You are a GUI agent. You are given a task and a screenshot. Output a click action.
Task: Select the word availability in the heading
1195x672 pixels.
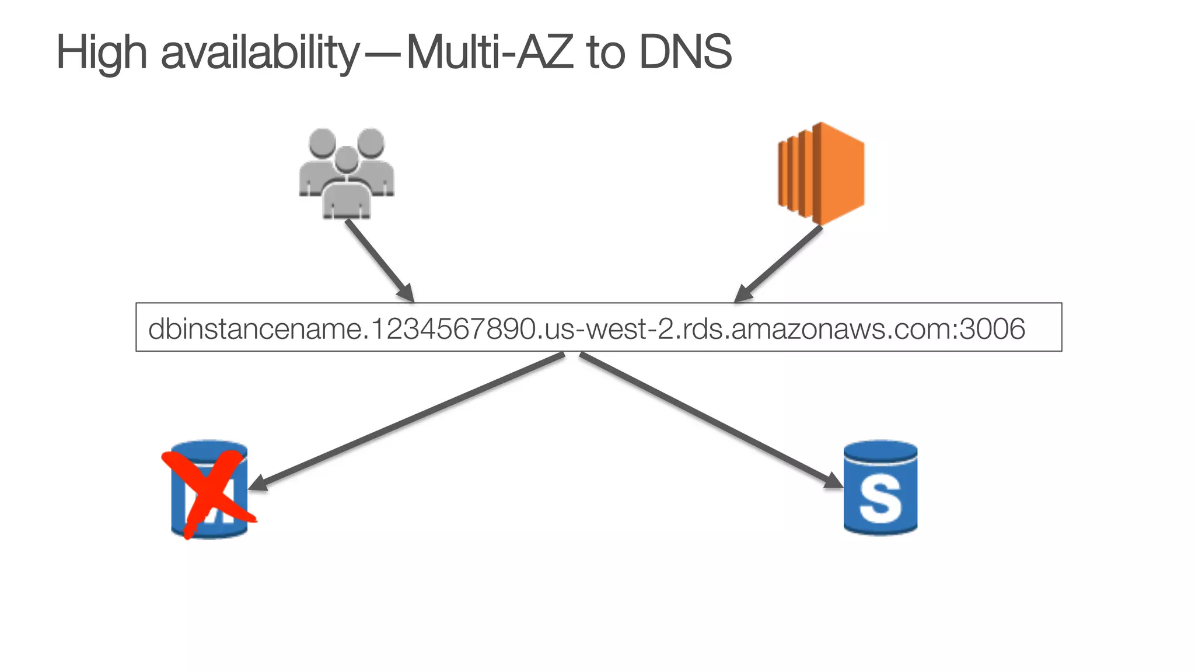(260, 52)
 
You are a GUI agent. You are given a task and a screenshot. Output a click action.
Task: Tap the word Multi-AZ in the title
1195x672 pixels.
(486, 52)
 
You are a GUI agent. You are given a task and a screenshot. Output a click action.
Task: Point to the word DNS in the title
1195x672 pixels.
(685, 52)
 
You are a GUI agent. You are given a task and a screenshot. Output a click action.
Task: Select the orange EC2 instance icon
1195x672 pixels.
(822, 173)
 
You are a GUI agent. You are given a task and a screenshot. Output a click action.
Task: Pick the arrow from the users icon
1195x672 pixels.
(379, 260)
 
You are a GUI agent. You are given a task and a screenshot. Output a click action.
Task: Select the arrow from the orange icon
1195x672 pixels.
(778, 264)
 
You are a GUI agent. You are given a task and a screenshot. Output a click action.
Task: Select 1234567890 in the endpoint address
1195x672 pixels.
(453, 328)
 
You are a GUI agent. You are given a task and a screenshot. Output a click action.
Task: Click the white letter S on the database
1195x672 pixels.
(880, 499)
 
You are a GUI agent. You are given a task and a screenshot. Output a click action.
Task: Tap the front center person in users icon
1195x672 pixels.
(347, 187)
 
